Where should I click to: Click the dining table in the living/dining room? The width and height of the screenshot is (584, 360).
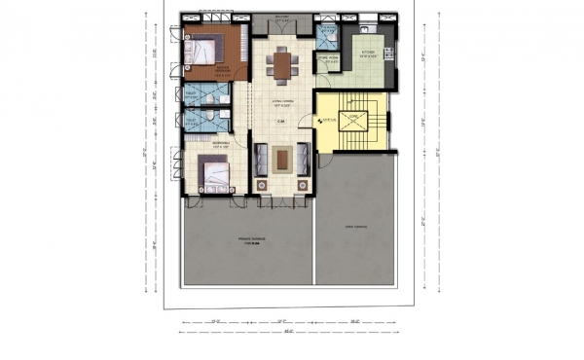point(282,65)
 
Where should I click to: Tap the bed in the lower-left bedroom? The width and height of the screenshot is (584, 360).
point(215,175)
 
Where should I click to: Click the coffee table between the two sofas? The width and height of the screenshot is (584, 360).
point(282,158)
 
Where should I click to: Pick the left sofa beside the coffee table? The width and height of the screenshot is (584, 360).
point(260,158)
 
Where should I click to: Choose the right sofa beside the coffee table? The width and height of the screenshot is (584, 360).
point(304,158)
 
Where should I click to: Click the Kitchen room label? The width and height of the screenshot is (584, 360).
point(370,54)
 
